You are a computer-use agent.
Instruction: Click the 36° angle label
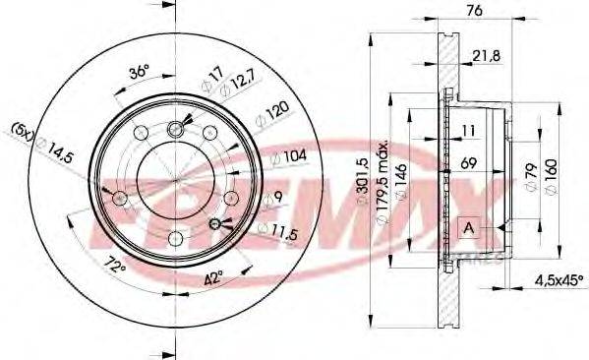pos(139,71)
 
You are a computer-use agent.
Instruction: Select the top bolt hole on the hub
pos(178,125)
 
